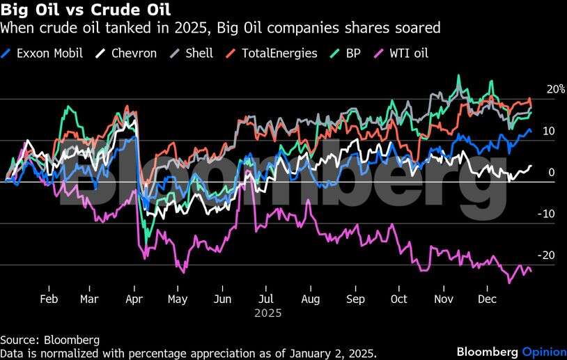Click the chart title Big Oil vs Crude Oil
85,12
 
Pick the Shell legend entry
199,53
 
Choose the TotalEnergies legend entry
279,53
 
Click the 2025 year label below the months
267,313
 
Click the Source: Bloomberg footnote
49,340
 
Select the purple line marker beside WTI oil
380,53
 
